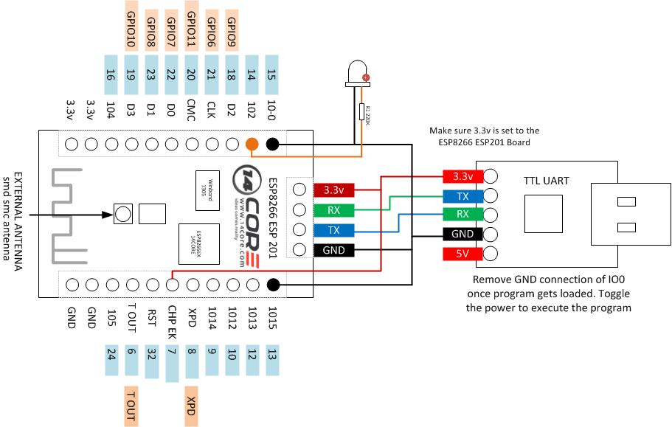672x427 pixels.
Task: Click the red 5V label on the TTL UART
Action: pyautogui.click(x=463, y=254)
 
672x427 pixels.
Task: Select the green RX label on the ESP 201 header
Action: pyautogui.click(x=334, y=210)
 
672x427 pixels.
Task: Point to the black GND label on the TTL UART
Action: pyautogui.click(x=463, y=235)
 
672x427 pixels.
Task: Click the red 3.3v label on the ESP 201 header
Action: pyautogui.click(x=334, y=190)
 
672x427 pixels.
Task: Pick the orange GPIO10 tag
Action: pyautogui.click(x=131, y=30)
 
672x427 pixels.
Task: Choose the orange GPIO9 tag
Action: pyautogui.click(x=232, y=30)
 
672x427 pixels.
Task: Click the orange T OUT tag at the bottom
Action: pyautogui.click(x=131, y=406)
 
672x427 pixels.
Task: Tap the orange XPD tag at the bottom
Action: pyautogui.click(x=191, y=406)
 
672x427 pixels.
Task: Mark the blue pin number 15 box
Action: pyautogui.click(x=271, y=74)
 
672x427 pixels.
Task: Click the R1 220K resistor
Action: pyautogui.click(x=362, y=114)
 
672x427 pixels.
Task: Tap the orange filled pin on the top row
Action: pyautogui.click(x=252, y=145)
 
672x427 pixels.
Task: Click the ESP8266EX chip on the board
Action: pyautogui.click(x=191, y=243)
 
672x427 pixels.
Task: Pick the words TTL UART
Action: pyautogui.click(x=547, y=180)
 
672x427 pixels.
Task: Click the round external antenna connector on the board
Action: pyautogui.click(x=122, y=215)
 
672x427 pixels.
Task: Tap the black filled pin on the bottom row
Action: pyautogui.click(x=272, y=284)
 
